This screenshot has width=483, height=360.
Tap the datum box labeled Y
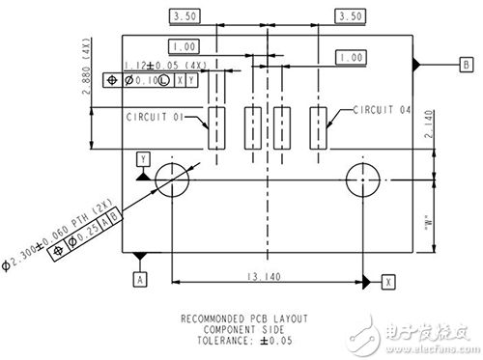click(x=143, y=156)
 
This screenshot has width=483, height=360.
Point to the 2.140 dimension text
click(x=427, y=124)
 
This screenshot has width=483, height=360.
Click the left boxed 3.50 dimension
click(x=184, y=16)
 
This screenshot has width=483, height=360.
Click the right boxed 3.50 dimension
click(x=349, y=16)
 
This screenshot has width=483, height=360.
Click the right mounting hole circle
click(x=365, y=180)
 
